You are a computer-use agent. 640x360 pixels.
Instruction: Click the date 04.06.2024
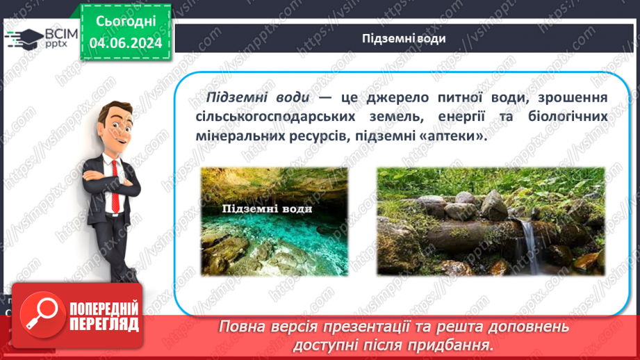(x=125, y=43)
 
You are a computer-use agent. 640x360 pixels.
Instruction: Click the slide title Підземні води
(x=404, y=38)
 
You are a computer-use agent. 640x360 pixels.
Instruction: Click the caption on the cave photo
(x=266, y=208)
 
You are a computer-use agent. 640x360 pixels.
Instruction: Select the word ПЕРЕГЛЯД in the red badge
(x=104, y=324)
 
